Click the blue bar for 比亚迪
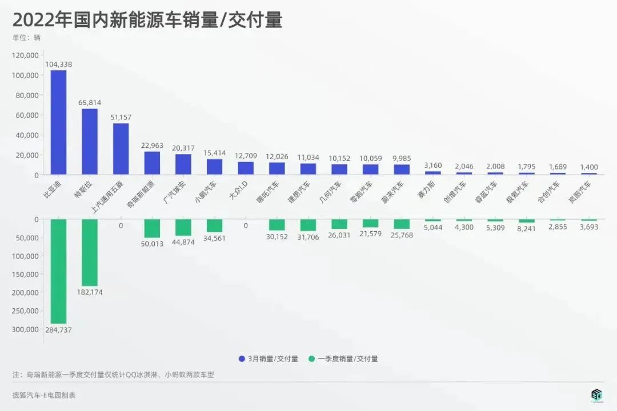(58, 122)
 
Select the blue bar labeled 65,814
(90, 142)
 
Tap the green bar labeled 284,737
(58, 271)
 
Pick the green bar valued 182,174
(90, 252)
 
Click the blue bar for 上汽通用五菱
(121, 149)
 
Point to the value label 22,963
(152, 145)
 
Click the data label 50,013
(152, 244)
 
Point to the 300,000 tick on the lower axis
(25, 329)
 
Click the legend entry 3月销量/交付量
(269, 359)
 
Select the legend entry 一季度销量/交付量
(343, 359)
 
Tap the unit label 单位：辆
(26, 38)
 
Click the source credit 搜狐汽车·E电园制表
(44, 395)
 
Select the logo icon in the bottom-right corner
(596, 395)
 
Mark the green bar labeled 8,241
(526, 221)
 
